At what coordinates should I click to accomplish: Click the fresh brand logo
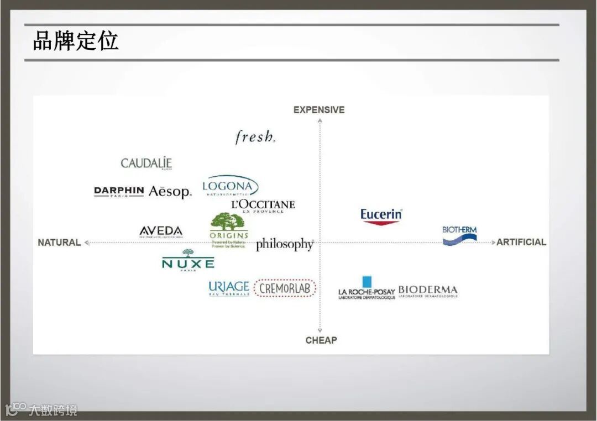pyautogui.click(x=255, y=136)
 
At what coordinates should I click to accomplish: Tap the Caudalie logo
pyautogui.click(x=146, y=163)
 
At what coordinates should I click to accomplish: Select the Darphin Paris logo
pyautogui.click(x=119, y=191)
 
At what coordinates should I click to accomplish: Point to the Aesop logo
pyautogui.click(x=170, y=192)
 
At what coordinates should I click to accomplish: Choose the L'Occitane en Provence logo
pyautogui.click(x=263, y=206)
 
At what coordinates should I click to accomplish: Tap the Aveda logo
pyautogui.click(x=161, y=231)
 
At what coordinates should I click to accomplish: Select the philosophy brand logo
pyautogui.click(x=285, y=244)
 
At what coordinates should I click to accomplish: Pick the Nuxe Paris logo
pyautogui.click(x=188, y=261)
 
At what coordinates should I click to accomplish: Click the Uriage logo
pyautogui.click(x=229, y=288)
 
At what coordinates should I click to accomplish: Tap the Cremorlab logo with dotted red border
pyautogui.click(x=285, y=288)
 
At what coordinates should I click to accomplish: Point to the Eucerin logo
pyautogui.click(x=381, y=215)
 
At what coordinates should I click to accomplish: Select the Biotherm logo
pyautogui.click(x=460, y=235)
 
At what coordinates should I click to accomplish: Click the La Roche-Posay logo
pyautogui.click(x=366, y=289)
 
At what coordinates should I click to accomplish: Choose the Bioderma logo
pyautogui.click(x=428, y=291)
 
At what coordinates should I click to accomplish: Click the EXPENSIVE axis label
pyautogui.click(x=319, y=110)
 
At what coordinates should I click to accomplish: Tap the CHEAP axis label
pyautogui.click(x=321, y=340)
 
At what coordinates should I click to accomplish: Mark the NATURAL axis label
pyautogui.click(x=59, y=243)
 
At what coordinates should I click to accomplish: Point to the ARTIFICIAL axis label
pyautogui.click(x=521, y=242)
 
